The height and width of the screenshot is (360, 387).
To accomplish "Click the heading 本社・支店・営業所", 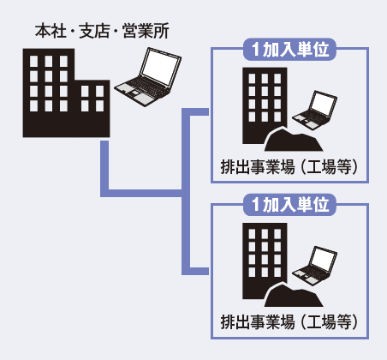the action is pyautogui.click(x=102, y=31).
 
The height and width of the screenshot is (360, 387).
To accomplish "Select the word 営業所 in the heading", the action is pyautogui.click(x=146, y=31).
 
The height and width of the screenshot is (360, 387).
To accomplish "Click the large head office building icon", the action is pyautogui.click(x=66, y=93).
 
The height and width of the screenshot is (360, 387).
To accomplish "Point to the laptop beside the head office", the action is pyautogui.click(x=148, y=76).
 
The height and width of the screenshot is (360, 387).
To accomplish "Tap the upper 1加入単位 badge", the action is pyautogui.click(x=289, y=50).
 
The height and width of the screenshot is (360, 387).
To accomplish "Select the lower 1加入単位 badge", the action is pyautogui.click(x=289, y=205).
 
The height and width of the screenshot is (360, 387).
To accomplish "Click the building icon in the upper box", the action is pyautogui.click(x=265, y=105).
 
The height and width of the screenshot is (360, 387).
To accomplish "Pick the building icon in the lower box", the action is pyautogui.click(x=265, y=261).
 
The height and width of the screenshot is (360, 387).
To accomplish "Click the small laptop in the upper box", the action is pyautogui.click(x=314, y=111).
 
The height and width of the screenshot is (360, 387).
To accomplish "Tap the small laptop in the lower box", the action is pyautogui.click(x=314, y=266).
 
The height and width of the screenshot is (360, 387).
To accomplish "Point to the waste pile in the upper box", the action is pyautogui.click(x=294, y=140).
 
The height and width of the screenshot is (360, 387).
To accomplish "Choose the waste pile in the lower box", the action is pyautogui.click(x=294, y=295).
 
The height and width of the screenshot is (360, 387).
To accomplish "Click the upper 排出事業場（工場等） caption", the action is pyautogui.click(x=289, y=166).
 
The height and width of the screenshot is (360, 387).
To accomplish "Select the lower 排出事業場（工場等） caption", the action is pyautogui.click(x=289, y=322).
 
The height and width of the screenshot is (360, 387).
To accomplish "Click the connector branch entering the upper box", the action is pyautogui.click(x=195, y=112).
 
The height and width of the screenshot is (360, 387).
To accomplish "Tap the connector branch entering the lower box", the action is pyautogui.click(x=195, y=272).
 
